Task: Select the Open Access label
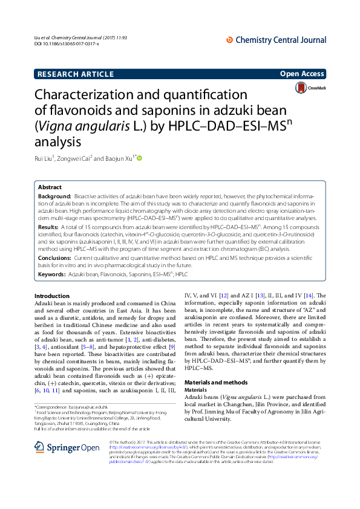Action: coord(302,74)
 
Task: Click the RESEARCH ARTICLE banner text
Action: coord(75,74)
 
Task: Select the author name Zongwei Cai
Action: coord(75,159)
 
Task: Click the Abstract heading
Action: coord(50,187)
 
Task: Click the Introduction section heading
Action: coord(52,295)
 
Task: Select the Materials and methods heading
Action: coord(216,383)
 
